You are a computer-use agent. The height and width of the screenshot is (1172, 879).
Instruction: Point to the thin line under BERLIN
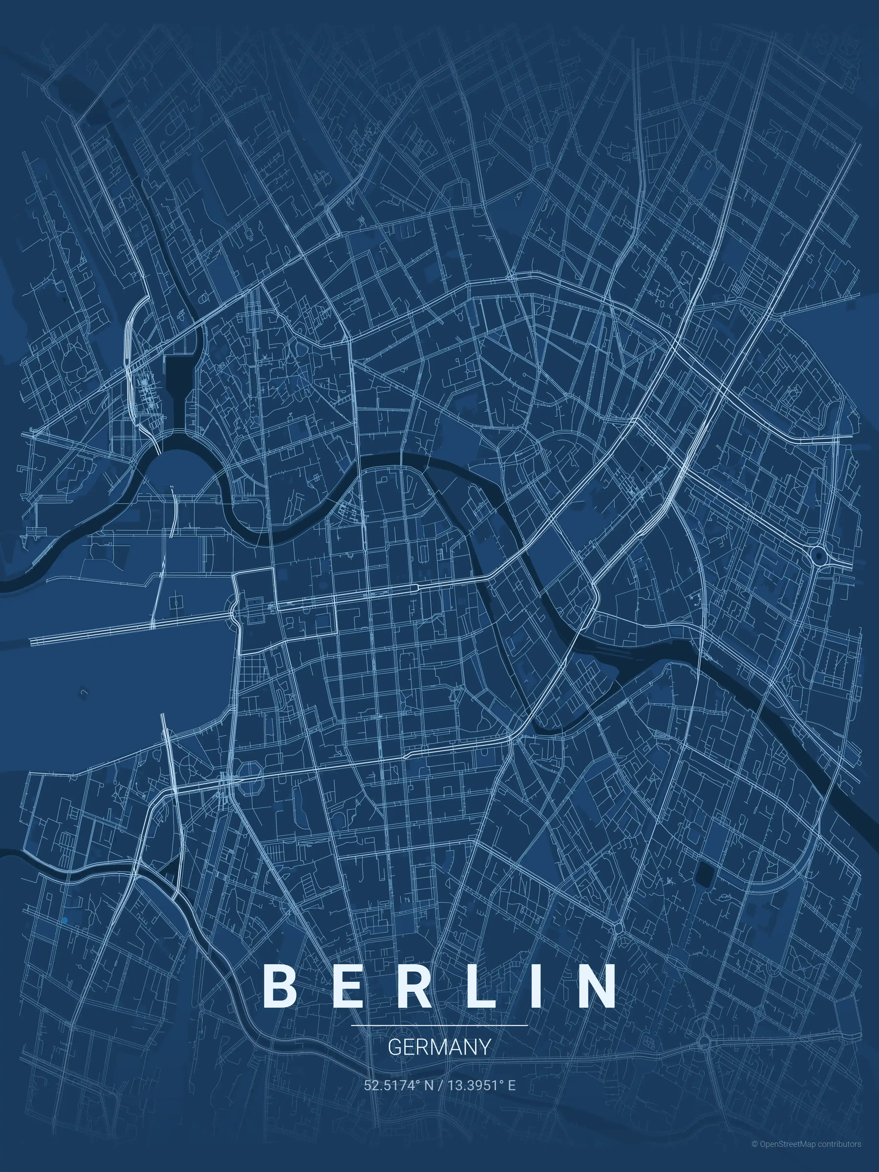[439, 1025]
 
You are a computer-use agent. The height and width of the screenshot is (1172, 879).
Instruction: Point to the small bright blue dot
[65, 921]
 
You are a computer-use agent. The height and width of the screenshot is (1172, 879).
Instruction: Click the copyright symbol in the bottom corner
[754, 1154]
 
